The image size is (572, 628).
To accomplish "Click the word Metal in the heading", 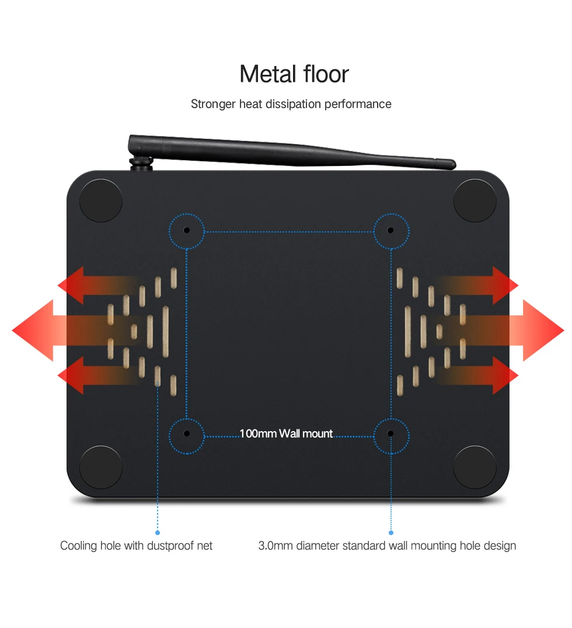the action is (267, 74).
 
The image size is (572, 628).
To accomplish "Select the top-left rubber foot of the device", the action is (100, 200).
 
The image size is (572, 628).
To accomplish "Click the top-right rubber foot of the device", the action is (475, 200).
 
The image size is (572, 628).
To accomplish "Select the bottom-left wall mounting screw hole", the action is (187, 434).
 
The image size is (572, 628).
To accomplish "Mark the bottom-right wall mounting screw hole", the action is (391, 434).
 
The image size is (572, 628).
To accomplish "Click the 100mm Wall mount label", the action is (286, 434).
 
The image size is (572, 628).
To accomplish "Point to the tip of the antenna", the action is (452, 164).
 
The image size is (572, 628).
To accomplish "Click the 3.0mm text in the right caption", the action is (275, 546).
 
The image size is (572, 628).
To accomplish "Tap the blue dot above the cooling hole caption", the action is (158, 532).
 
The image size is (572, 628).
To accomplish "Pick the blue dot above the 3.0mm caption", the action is (391, 532).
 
